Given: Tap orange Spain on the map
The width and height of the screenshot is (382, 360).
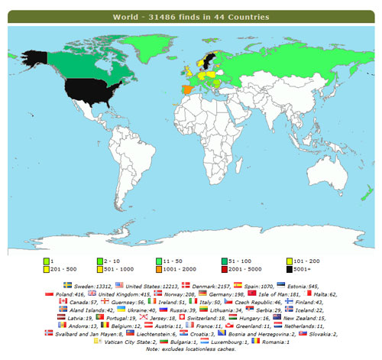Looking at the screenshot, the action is pos(180,89).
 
